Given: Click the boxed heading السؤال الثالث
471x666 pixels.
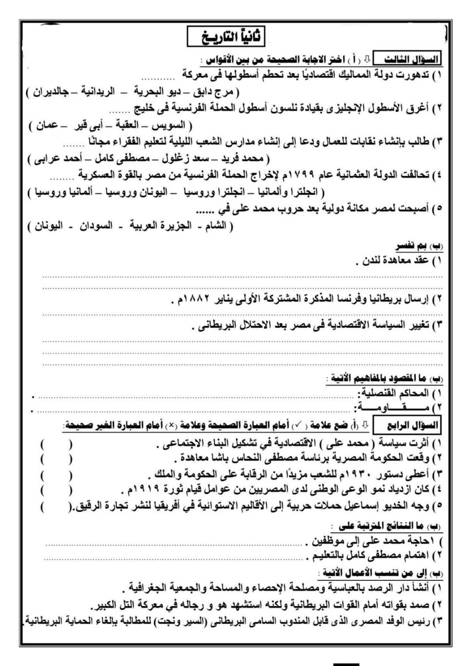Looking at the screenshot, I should point(407,59).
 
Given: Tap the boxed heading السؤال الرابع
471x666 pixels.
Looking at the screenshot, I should point(406,426).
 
